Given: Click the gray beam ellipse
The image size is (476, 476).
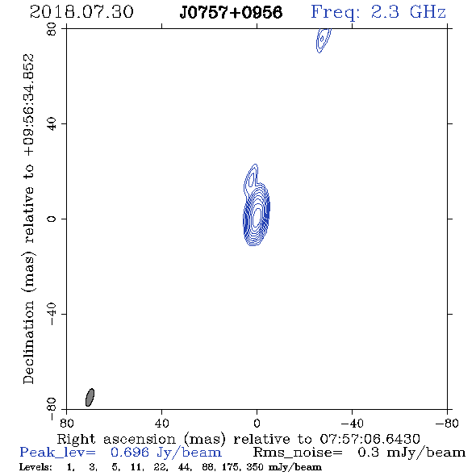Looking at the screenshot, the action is tap(90, 397).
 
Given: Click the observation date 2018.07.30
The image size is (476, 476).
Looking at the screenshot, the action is tap(81, 12).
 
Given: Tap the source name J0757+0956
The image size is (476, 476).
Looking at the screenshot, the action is tap(231, 12).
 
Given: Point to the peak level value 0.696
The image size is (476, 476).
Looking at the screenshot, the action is tap(130, 453).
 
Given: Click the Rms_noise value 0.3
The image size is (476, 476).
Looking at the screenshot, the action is tap(368, 453).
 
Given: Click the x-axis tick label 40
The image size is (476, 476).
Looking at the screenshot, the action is tap(161, 423).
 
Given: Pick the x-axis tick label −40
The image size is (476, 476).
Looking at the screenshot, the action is tap(352, 423).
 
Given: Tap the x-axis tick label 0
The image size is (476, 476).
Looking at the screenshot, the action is tap(257, 423).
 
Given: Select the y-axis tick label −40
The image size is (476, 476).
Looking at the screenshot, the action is tap(52, 314).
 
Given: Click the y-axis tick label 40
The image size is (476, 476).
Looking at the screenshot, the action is tap(52, 124).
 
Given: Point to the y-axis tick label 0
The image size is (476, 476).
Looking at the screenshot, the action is tap(52, 219).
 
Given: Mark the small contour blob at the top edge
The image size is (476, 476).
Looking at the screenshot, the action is tap(323, 40).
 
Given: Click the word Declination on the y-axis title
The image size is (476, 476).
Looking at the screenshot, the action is tap(28, 343).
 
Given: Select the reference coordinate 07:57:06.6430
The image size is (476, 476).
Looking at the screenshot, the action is tap(370, 439).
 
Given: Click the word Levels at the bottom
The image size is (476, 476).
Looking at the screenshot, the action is tap(35, 467).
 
